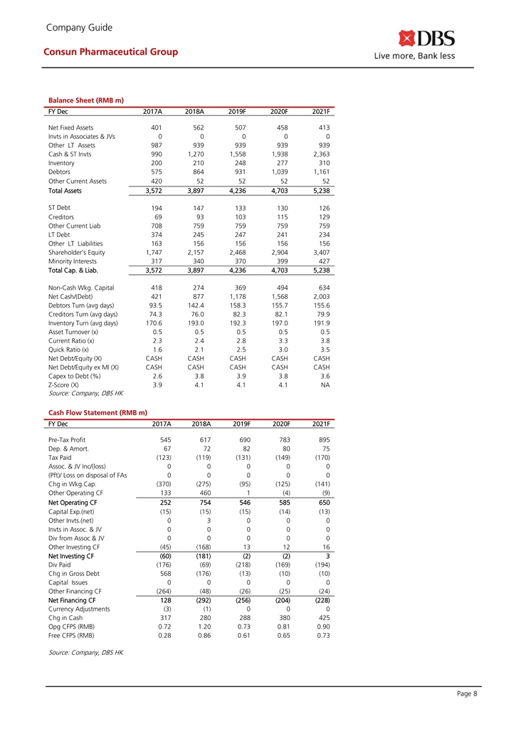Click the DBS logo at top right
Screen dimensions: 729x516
click(x=426, y=38)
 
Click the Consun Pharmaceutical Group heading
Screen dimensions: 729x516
click(x=110, y=52)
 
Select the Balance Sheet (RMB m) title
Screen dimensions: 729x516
click(x=87, y=100)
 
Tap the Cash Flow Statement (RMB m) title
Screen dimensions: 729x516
click(x=98, y=412)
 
